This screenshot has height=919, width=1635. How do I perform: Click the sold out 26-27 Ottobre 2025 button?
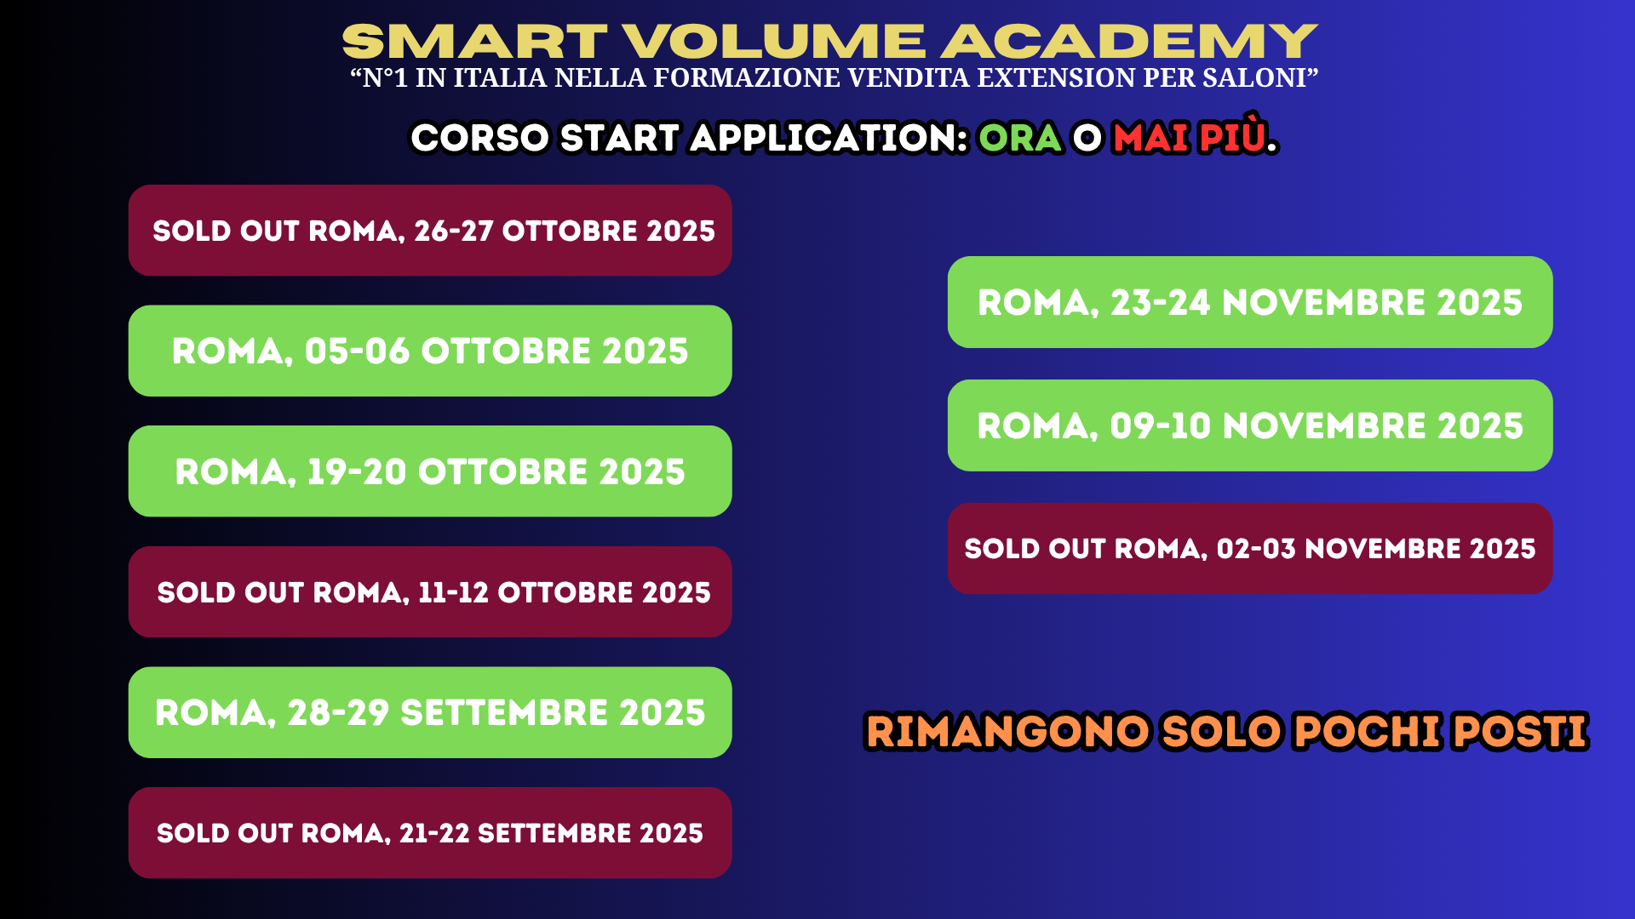[430, 231]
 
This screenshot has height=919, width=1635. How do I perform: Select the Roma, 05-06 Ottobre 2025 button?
[430, 351]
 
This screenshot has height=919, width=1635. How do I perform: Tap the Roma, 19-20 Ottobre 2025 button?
[430, 471]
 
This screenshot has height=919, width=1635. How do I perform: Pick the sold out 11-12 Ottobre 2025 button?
[430, 592]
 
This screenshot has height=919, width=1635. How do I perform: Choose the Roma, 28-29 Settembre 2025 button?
[430, 712]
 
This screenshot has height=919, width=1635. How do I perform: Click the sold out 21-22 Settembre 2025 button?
[430, 833]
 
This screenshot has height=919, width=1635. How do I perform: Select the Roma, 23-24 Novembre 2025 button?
[1250, 302]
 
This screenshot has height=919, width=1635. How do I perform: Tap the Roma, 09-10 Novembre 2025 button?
[1250, 425]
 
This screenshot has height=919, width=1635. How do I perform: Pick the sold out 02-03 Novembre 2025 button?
[1250, 549]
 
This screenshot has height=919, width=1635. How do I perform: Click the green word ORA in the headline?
[1020, 138]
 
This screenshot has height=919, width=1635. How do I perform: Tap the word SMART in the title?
[474, 42]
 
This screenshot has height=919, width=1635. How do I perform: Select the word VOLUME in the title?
[773, 42]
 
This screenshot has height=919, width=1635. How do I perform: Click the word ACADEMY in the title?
[1129, 42]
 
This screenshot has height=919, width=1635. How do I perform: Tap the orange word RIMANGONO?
[1008, 732]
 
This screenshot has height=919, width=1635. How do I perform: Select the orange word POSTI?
[1520, 732]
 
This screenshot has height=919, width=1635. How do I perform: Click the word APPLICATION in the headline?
[829, 138]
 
